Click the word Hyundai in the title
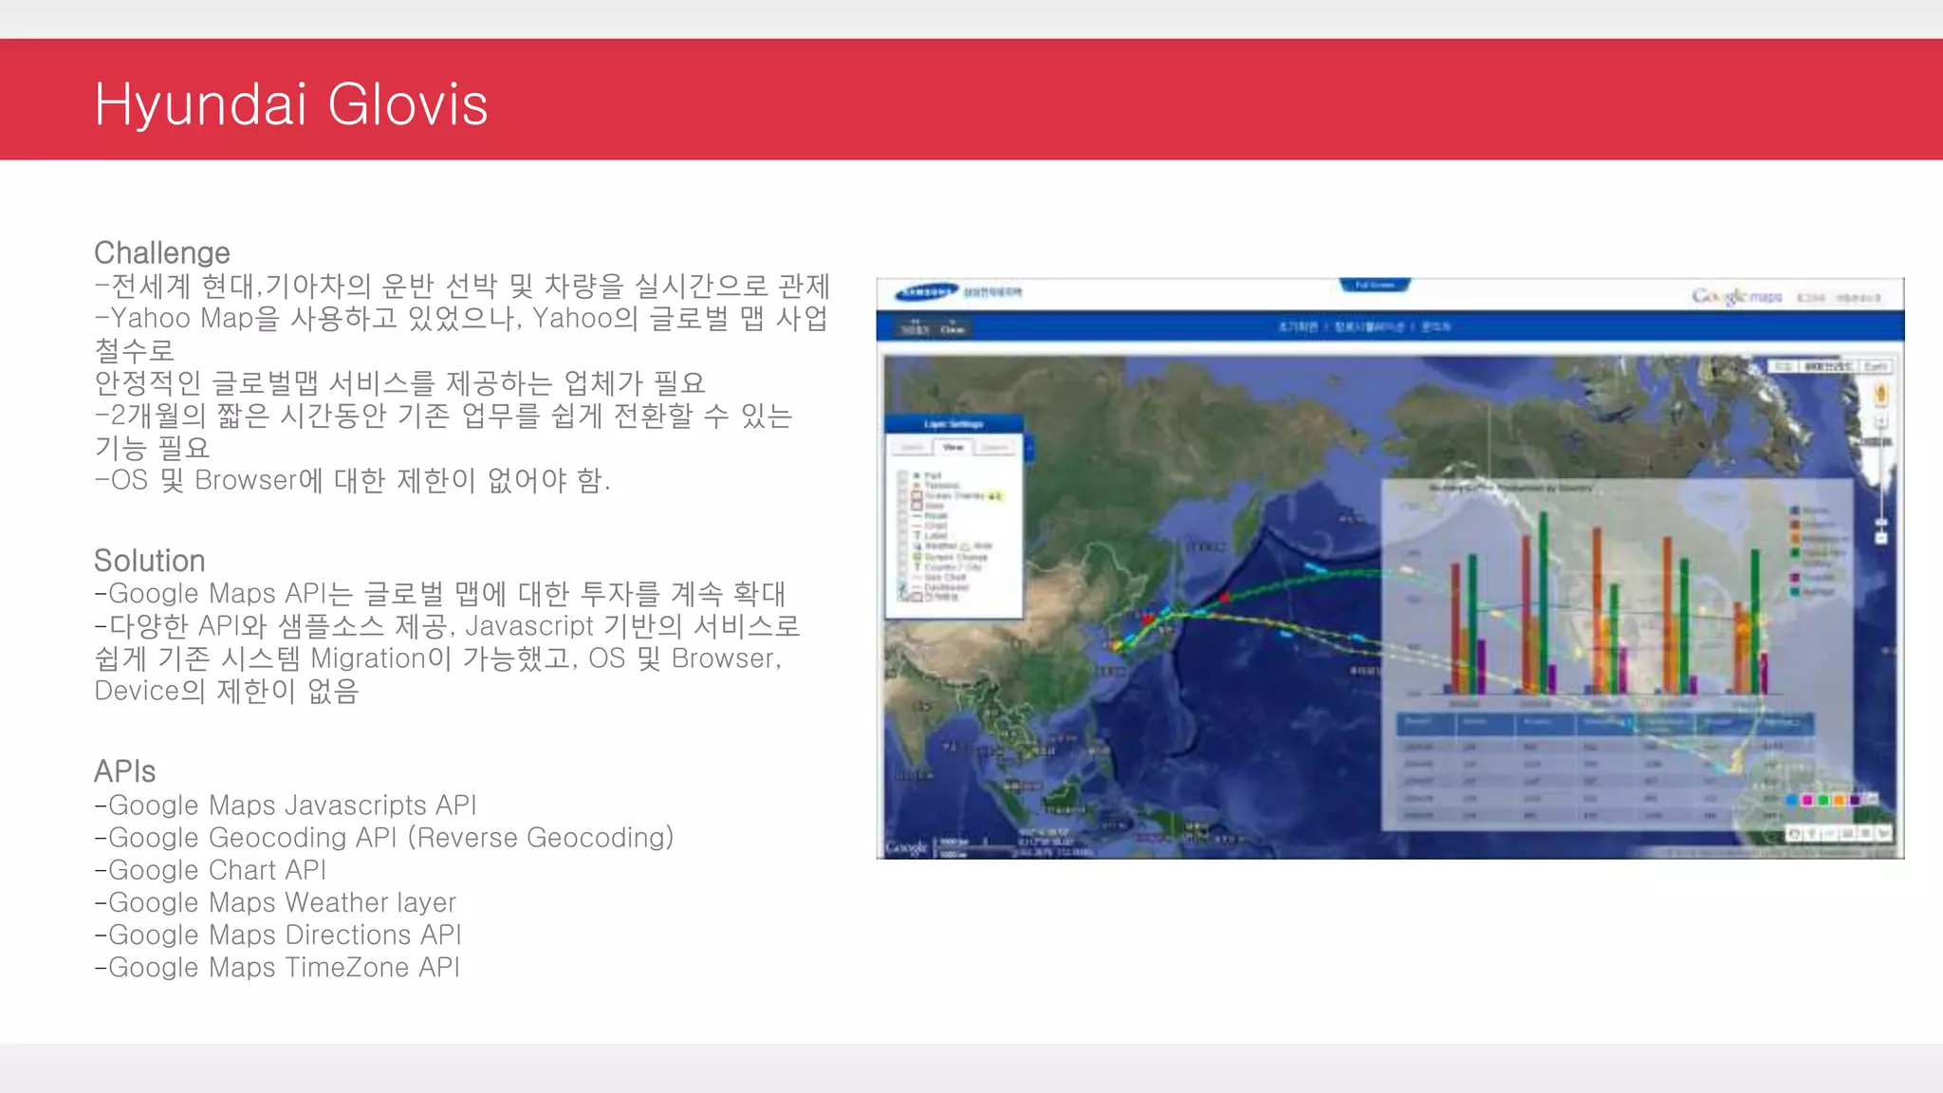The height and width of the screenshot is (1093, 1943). point(200,104)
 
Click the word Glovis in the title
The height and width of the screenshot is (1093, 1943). point(408,104)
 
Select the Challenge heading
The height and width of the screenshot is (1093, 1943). point(162,253)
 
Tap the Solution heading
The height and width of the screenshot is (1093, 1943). point(150,561)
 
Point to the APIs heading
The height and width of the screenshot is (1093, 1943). point(124,771)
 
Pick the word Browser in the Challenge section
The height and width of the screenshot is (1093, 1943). point(246,480)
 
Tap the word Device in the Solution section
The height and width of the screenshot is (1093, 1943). point(138,691)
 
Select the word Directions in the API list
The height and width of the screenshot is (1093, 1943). point(347,935)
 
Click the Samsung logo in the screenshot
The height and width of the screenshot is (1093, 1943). point(926,292)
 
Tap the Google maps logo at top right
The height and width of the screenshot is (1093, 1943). point(1736,297)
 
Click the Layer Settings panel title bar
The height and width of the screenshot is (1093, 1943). point(953,424)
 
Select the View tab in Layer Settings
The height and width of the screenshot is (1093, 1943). point(953,447)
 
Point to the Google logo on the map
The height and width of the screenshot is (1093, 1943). point(906,846)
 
